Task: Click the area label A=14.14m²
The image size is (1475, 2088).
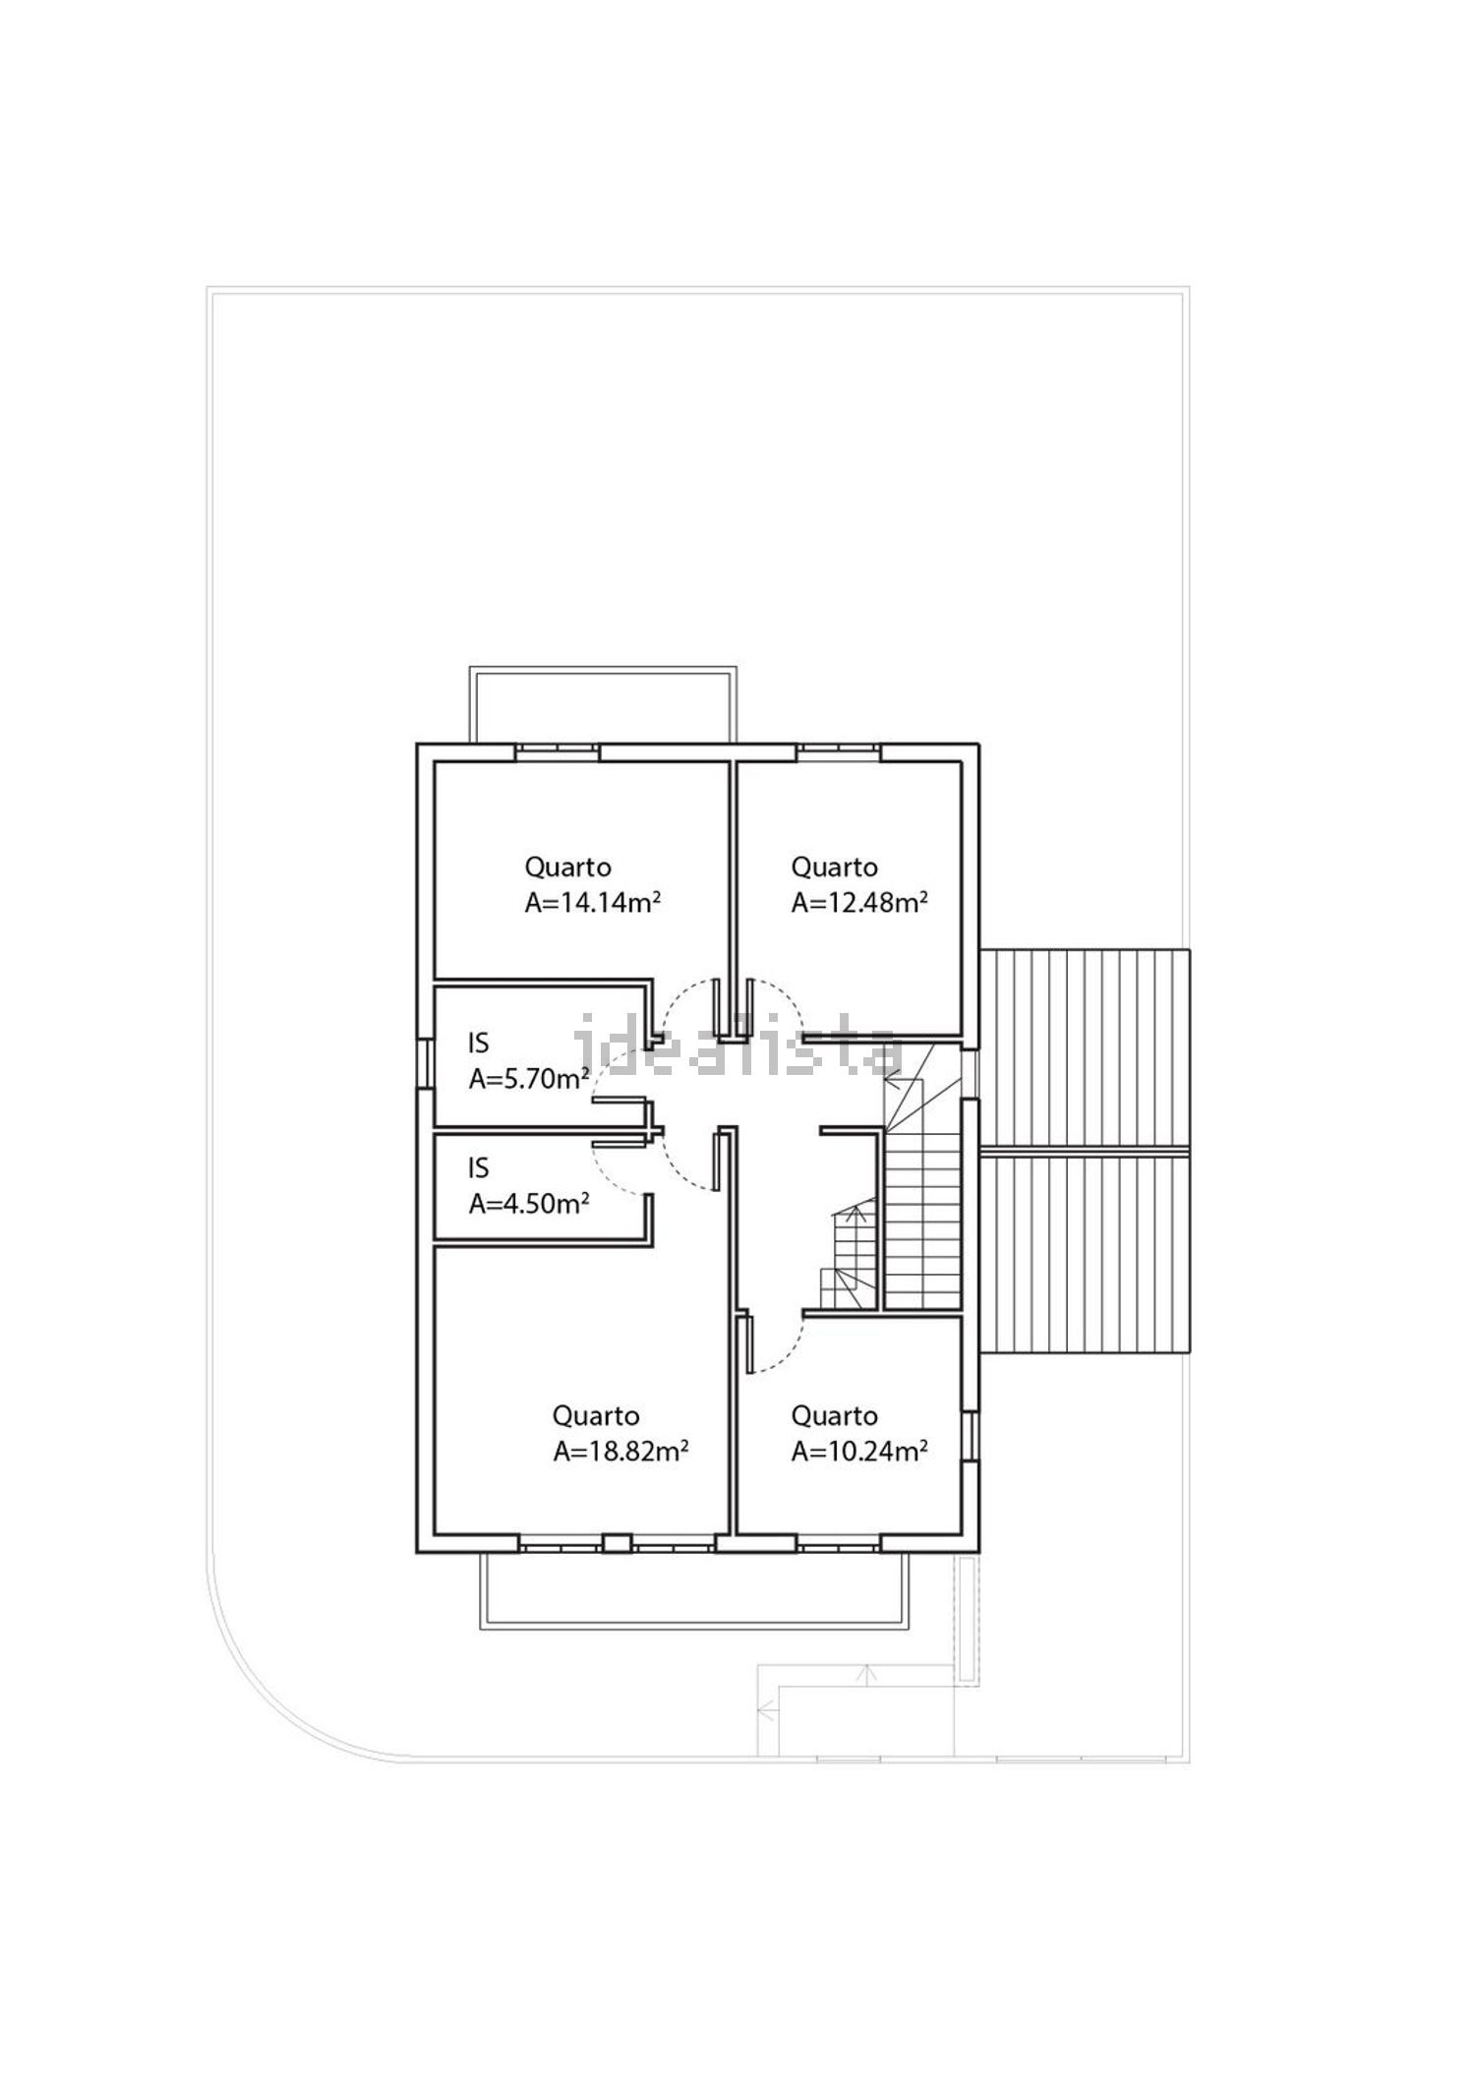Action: point(592,903)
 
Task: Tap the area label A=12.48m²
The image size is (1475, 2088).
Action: point(859,903)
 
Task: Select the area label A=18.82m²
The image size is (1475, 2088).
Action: point(619,1452)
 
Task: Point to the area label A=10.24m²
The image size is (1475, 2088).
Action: point(859,1452)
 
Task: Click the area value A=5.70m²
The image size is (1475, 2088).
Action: point(529,1079)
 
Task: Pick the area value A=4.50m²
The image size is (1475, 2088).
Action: point(529,1204)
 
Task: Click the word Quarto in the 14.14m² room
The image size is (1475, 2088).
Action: point(567,867)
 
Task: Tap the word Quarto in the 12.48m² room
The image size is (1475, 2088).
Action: point(834,867)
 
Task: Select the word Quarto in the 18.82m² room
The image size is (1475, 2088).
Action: point(596,1416)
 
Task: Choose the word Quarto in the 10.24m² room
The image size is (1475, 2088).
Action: point(834,1416)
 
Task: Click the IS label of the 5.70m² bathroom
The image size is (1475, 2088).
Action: point(478,1043)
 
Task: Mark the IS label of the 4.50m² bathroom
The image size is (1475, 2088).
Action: point(478,1168)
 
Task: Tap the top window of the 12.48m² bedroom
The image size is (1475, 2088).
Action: point(838,752)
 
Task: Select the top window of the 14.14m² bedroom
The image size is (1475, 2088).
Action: point(558,752)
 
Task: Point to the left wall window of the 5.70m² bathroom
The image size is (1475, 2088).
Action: point(425,1063)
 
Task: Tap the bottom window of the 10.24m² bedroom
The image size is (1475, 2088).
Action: point(838,1545)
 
